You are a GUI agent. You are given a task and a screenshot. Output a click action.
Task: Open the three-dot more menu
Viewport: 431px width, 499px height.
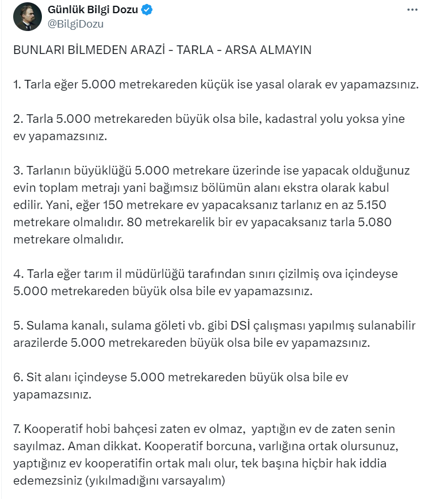coord(412,10)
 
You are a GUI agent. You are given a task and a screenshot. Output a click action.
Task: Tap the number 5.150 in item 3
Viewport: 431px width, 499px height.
coord(371,205)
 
